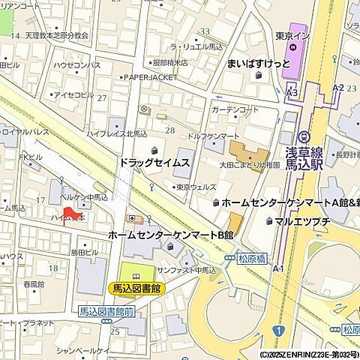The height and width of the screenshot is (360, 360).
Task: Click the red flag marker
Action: coord(66,216)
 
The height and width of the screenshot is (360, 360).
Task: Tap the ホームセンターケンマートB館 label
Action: coord(170,235)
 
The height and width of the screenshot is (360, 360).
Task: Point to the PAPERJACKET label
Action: coord(151,76)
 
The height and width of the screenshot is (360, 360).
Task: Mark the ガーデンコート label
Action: coord(235,109)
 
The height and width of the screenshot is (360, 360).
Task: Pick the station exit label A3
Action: coord(292,92)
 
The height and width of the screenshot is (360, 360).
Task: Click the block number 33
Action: coord(205,31)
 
